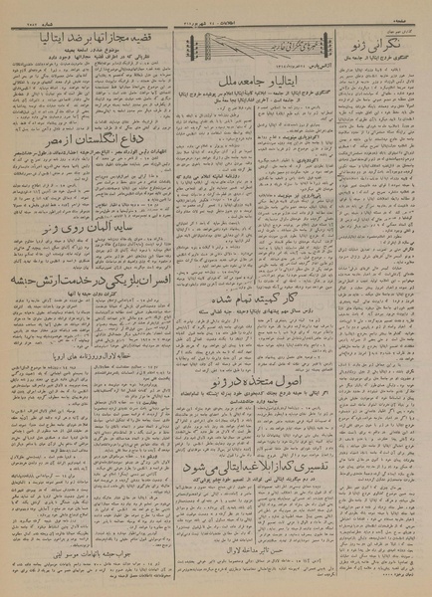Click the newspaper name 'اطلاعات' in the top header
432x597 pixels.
coord(214,11)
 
